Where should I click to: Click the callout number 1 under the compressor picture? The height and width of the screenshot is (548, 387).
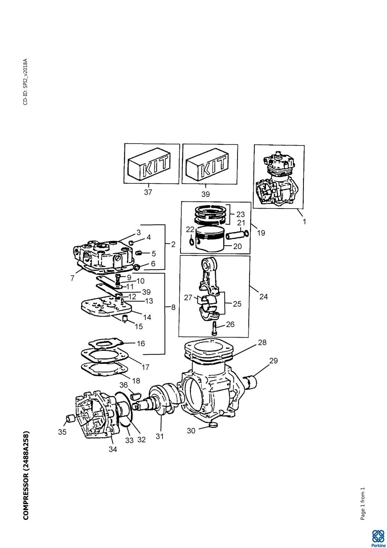click(x=304, y=221)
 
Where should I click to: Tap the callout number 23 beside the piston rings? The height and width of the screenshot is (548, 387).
click(x=241, y=214)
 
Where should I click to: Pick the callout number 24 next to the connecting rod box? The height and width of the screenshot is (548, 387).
click(x=263, y=297)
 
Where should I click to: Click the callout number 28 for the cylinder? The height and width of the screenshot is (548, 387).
click(x=262, y=342)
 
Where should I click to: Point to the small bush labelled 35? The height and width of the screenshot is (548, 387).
click(x=70, y=419)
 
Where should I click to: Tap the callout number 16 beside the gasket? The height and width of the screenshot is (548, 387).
click(x=141, y=344)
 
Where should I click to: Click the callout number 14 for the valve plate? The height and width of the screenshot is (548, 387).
click(x=147, y=317)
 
